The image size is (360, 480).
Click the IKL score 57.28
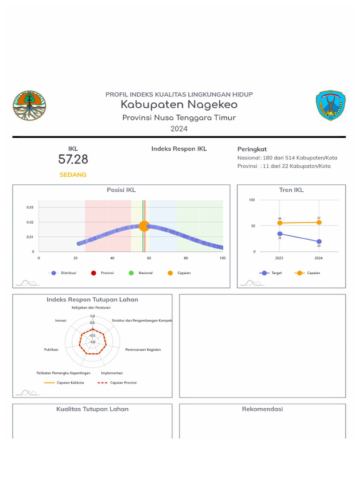click(x=73, y=160)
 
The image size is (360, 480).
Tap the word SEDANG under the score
click(x=73, y=175)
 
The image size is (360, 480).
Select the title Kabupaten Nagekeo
click(x=179, y=105)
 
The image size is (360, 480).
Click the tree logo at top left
click(x=30, y=105)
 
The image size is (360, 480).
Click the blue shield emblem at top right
click(x=330, y=106)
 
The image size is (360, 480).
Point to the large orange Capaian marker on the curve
click(x=144, y=226)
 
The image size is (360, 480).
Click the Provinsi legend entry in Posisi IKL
click(x=103, y=273)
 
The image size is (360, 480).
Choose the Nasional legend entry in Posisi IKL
click(x=141, y=273)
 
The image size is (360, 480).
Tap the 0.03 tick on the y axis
click(x=30, y=207)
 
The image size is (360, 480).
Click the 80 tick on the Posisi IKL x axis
click(x=186, y=258)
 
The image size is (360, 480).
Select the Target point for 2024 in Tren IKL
click(x=319, y=241)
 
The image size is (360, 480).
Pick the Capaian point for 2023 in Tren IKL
click(x=280, y=223)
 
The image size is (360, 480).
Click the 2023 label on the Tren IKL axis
click(x=280, y=258)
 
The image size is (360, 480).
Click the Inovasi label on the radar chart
click(x=60, y=321)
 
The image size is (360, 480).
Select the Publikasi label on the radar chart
click(x=51, y=350)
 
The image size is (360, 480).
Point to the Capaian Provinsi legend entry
click(x=118, y=382)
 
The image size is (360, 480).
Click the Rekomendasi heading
click(x=262, y=409)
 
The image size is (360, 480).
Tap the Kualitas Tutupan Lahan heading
click(x=92, y=409)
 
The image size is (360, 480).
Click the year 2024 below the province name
click(x=179, y=128)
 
